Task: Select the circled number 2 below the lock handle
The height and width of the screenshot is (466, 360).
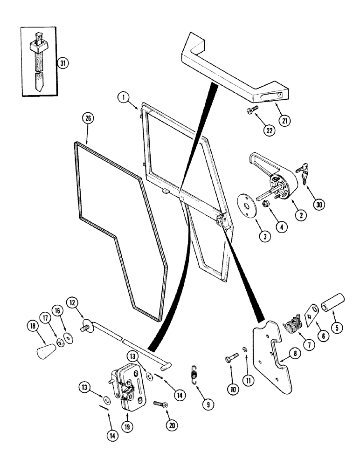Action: [x=302, y=215]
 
